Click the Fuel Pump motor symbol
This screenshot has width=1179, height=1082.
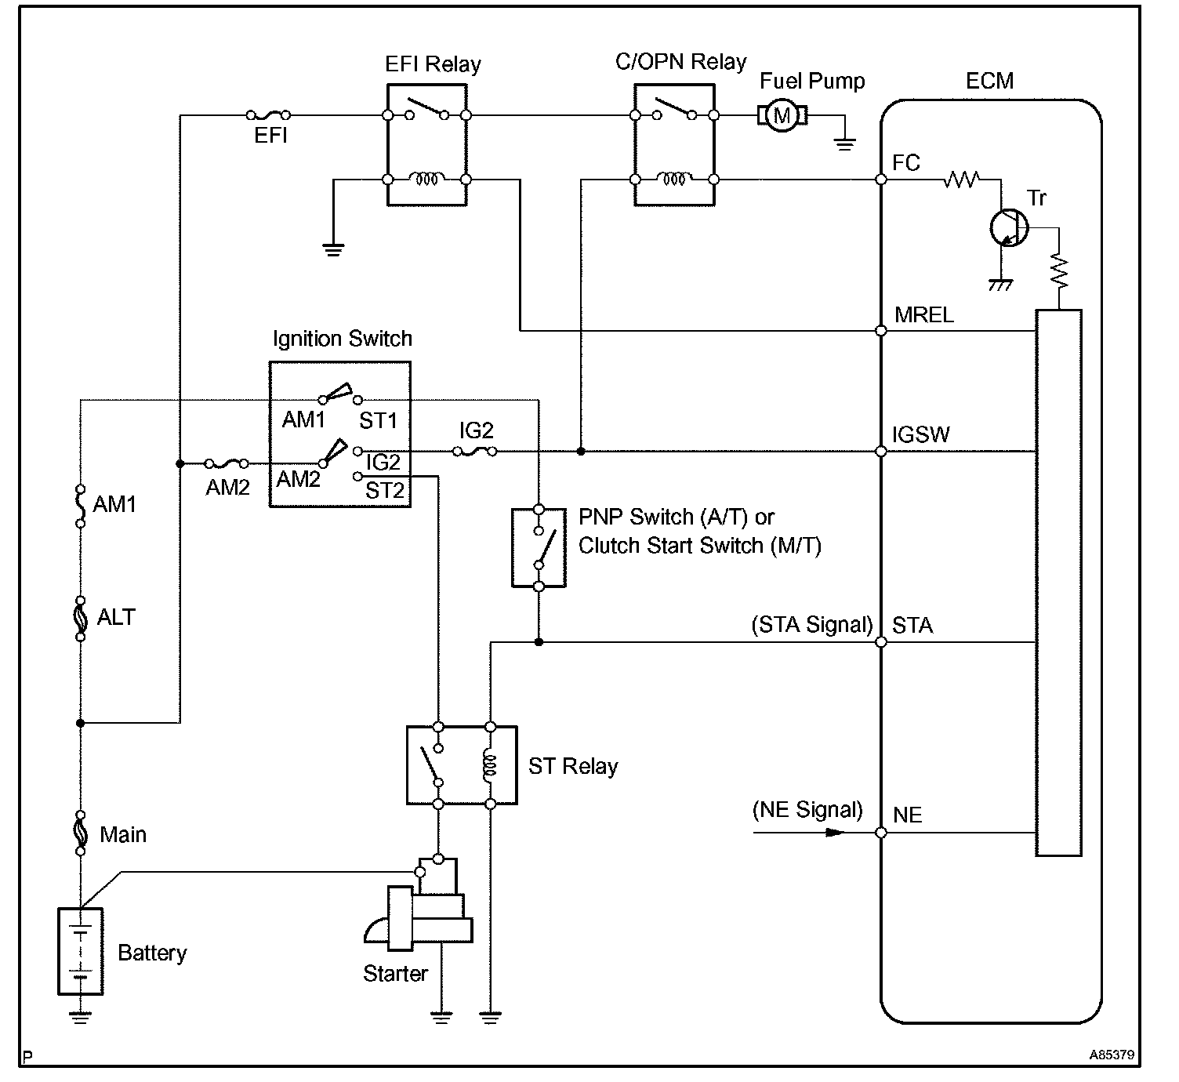[x=782, y=116]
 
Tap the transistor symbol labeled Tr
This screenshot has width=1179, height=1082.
[x=1007, y=228]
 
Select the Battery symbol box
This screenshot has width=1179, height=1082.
[x=81, y=951]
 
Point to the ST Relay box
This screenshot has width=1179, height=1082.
[x=462, y=765]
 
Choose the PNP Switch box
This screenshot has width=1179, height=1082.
[x=539, y=547]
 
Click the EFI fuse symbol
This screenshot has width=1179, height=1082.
[x=269, y=115]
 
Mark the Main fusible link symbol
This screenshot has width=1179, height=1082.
[x=80, y=833]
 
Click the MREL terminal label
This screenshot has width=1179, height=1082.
[x=924, y=315]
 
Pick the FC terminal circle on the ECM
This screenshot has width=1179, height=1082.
[x=881, y=180]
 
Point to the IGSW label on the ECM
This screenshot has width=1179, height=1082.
[x=921, y=435]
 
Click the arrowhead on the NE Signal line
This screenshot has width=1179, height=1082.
[x=836, y=832]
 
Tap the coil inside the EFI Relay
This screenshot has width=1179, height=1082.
[x=426, y=180]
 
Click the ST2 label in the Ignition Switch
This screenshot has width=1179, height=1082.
[x=385, y=491]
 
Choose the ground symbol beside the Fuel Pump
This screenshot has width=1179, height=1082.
[x=844, y=143]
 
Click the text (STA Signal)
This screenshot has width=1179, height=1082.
[x=812, y=625]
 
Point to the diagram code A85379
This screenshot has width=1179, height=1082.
[x=1111, y=1055]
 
